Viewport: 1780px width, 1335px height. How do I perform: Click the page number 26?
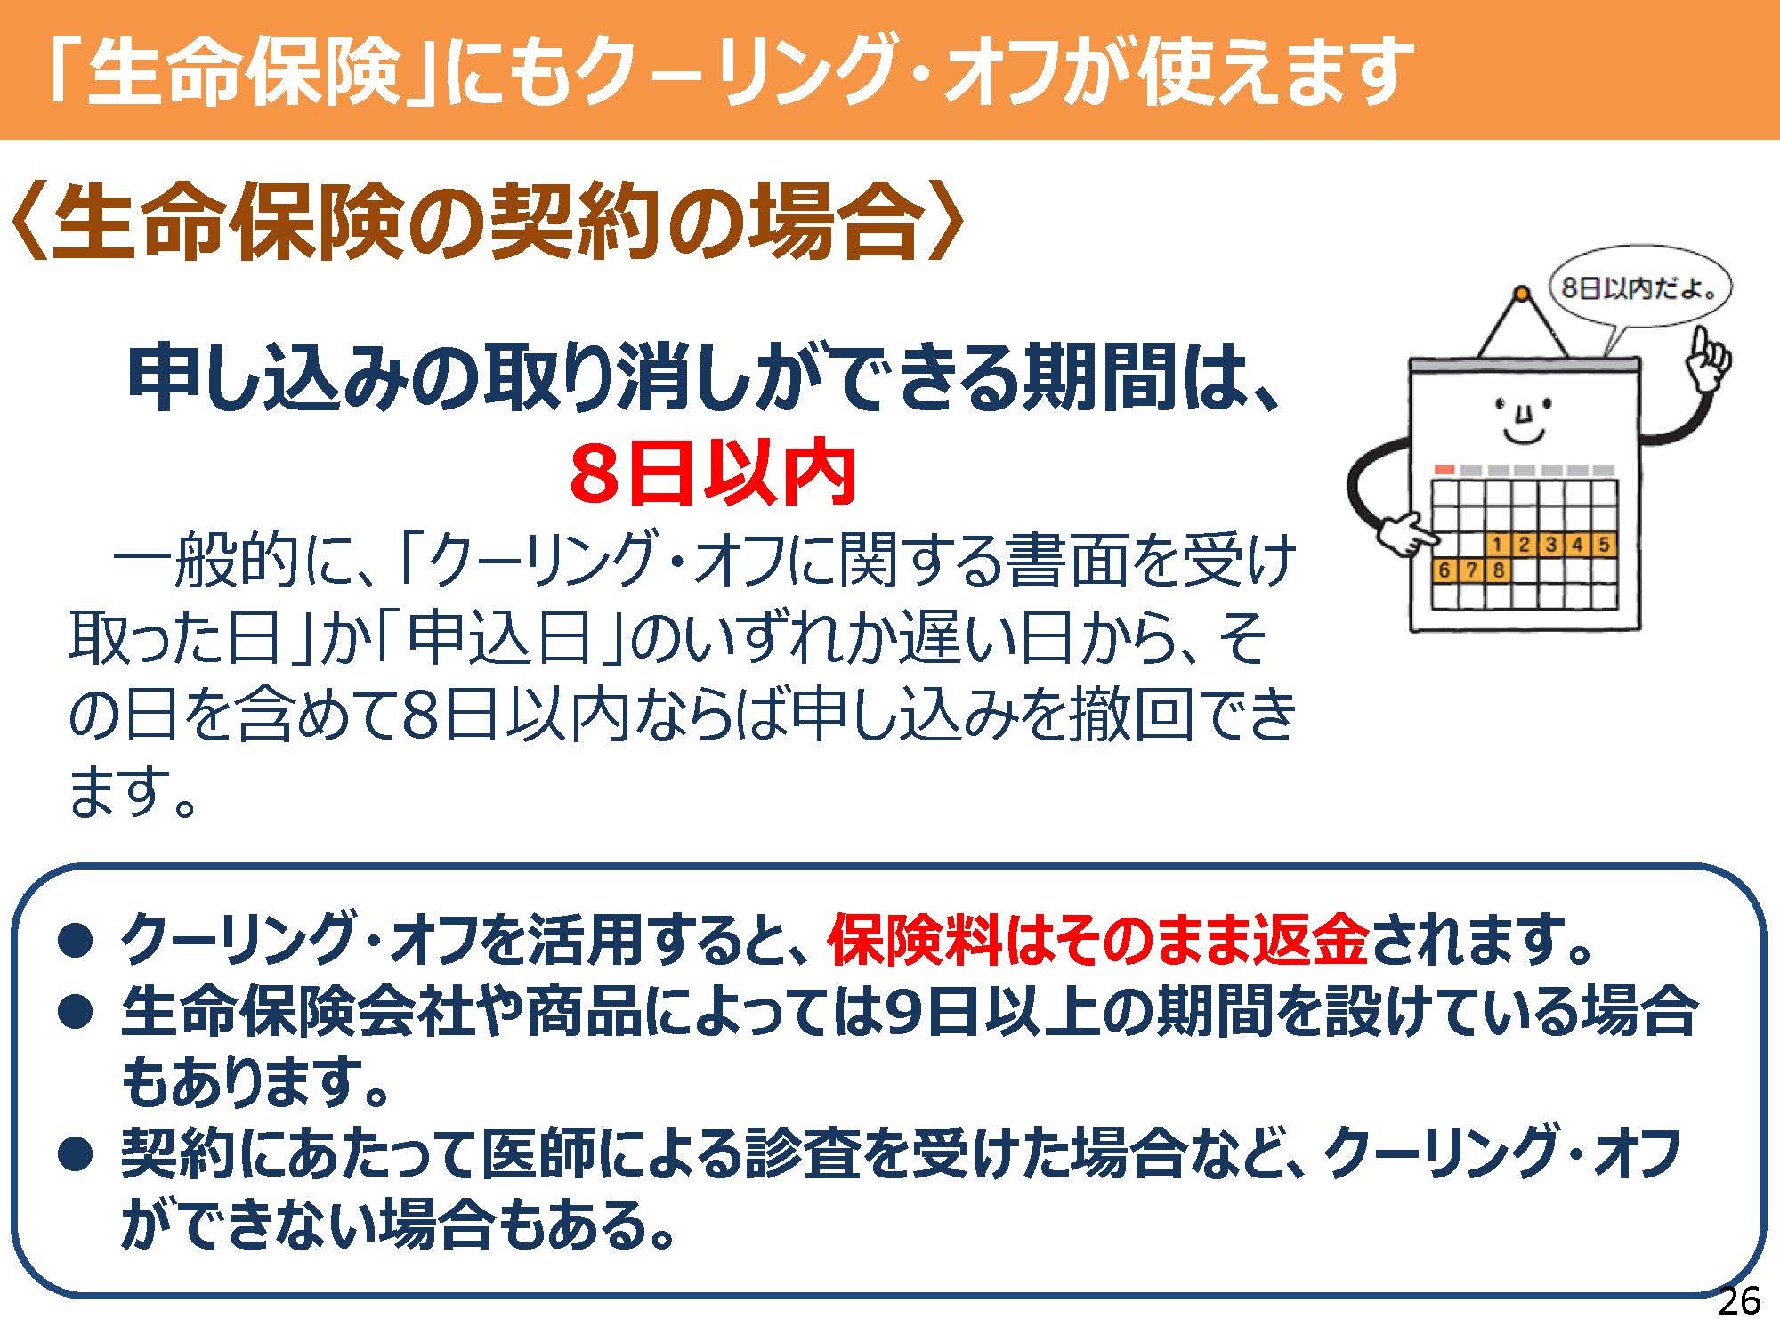tap(1739, 1302)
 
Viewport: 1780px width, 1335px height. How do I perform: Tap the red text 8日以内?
tap(713, 473)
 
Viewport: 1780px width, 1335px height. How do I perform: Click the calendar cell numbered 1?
tap(1497, 544)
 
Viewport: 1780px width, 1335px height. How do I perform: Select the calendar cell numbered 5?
tap(1604, 544)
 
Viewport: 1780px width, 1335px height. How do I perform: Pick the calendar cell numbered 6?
tap(1444, 570)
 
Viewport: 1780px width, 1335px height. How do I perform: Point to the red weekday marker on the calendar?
tap(1444, 469)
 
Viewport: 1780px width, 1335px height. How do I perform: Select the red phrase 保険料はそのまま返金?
tap(1097, 940)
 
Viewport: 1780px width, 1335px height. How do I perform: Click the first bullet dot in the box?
tap(75, 940)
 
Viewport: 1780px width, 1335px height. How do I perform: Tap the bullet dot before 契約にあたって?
tap(75, 1153)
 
